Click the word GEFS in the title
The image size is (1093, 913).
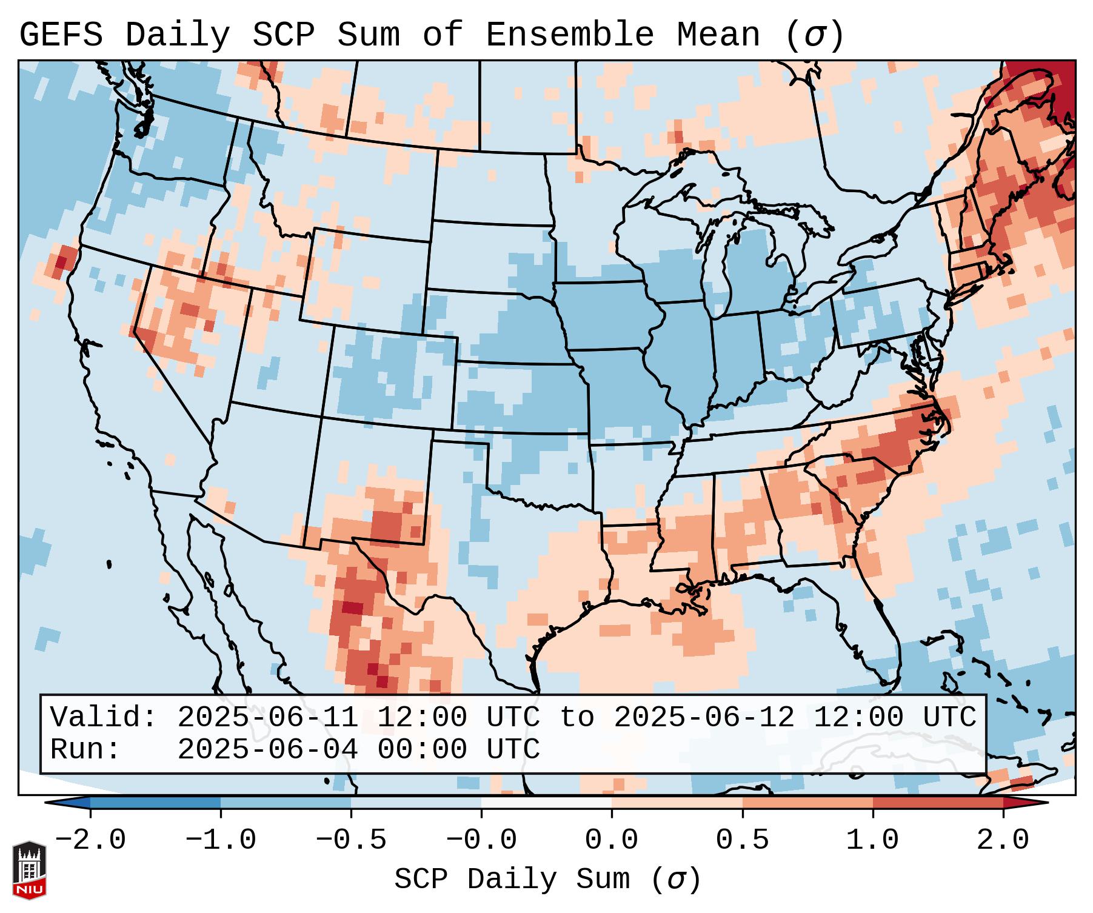61,35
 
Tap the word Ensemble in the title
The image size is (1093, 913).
570,35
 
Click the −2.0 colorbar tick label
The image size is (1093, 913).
90,840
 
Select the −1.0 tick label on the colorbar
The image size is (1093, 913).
221,840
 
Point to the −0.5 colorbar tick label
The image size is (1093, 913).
351,840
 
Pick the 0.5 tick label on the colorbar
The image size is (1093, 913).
743,840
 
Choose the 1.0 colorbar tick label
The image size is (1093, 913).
873,840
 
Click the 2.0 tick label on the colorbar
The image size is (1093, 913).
1003,840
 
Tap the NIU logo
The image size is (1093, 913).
29,869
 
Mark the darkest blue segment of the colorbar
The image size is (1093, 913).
155,803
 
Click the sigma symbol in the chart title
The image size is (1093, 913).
814,35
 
